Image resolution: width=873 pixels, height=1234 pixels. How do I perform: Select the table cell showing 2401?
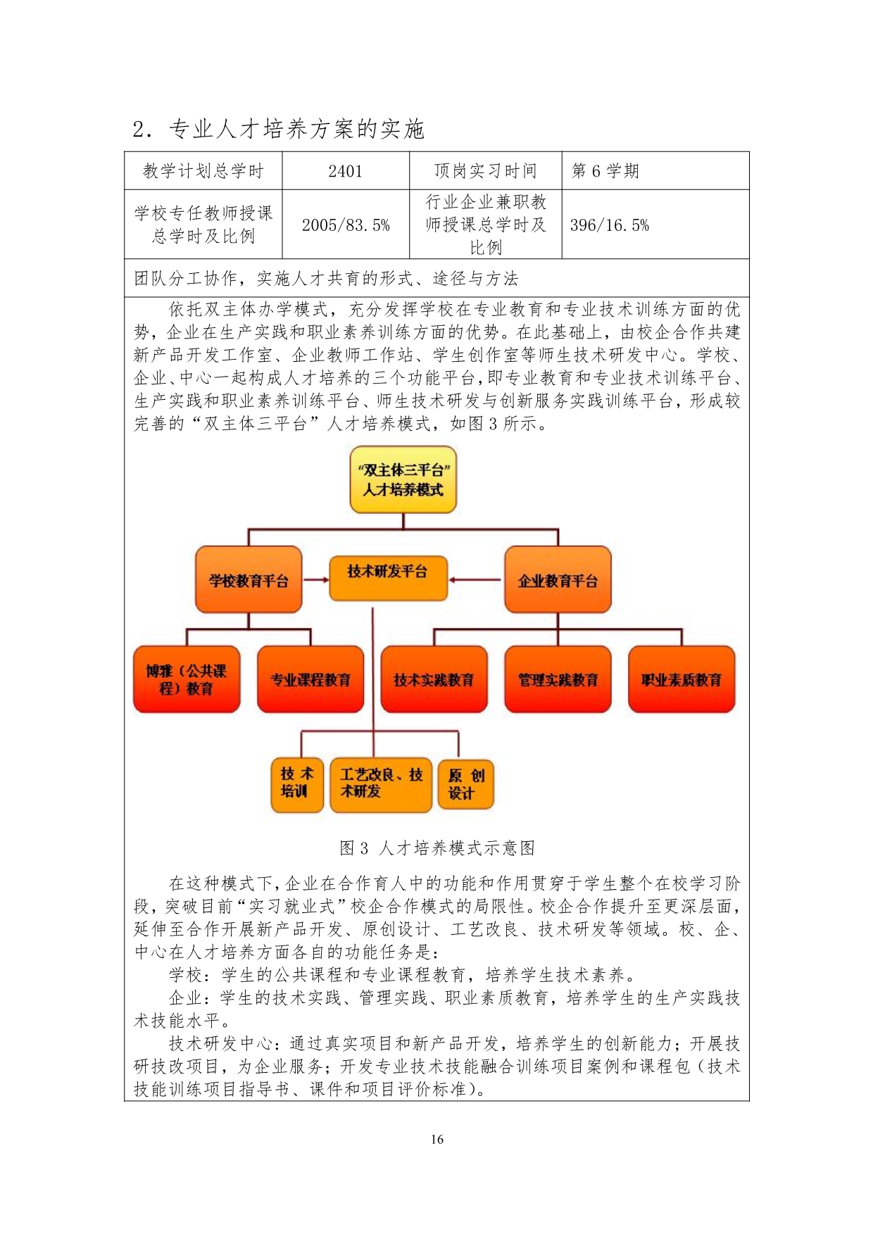tap(345, 171)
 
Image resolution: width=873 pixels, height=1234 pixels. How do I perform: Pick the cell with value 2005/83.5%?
tap(346, 225)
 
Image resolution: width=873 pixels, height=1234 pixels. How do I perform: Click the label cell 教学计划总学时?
tap(203, 171)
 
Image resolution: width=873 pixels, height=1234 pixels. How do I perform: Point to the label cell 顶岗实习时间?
tap(485, 171)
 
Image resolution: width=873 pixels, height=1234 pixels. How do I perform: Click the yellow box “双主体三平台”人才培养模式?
tap(403, 479)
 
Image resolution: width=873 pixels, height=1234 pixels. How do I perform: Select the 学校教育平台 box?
tap(249, 580)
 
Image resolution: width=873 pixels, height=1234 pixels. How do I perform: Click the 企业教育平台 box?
tap(558, 580)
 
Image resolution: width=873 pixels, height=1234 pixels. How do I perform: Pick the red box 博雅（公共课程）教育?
tap(187, 679)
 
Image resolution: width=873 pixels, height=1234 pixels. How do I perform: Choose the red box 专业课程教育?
tap(310, 679)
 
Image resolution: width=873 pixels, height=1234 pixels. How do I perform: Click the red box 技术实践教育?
tap(434, 679)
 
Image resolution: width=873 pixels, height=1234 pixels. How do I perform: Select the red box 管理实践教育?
tap(558, 679)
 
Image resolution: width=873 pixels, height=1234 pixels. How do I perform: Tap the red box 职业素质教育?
tap(681, 679)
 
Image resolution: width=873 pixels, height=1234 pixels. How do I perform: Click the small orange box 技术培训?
tap(297, 784)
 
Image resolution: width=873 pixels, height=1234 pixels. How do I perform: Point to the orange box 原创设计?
tap(466, 784)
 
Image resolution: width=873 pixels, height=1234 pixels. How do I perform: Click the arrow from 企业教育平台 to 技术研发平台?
tap(475, 580)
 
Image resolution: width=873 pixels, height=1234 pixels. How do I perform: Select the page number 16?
tap(436, 1140)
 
